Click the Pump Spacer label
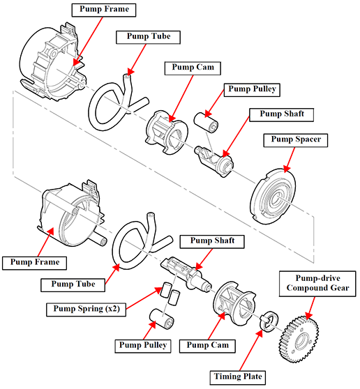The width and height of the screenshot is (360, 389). pyautogui.click(x=295, y=140)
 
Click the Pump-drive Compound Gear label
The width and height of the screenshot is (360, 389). pyautogui.click(x=317, y=284)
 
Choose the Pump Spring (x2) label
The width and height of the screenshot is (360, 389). pyautogui.click(x=86, y=310)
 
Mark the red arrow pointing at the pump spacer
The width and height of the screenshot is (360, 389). pyautogui.click(x=290, y=160)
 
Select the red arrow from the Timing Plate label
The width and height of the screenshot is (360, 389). pyautogui.click(x=250, y=351)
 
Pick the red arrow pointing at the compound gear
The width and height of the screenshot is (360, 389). pyautogui.click(x=310, y=308)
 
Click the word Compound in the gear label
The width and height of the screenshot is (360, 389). pyautogui.click(x=301, y=288)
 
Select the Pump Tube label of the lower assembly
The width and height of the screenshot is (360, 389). pyautogui.click(x=73, y=285)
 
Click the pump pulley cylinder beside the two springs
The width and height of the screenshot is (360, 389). pyautogui.click(x=161, y=319)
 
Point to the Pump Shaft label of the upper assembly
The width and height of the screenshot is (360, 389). pyautogui.click(x=282, y=115)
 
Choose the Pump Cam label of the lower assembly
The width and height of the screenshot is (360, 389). pyautogui.click(x=207, y=346)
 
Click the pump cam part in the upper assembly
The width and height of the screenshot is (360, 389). pyautogui.click(x=166, y=132)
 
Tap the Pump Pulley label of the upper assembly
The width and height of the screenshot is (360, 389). pyautogui.click(x=252, y=90)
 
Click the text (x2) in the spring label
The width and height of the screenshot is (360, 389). pyautogui.click(x=113, y=310)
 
